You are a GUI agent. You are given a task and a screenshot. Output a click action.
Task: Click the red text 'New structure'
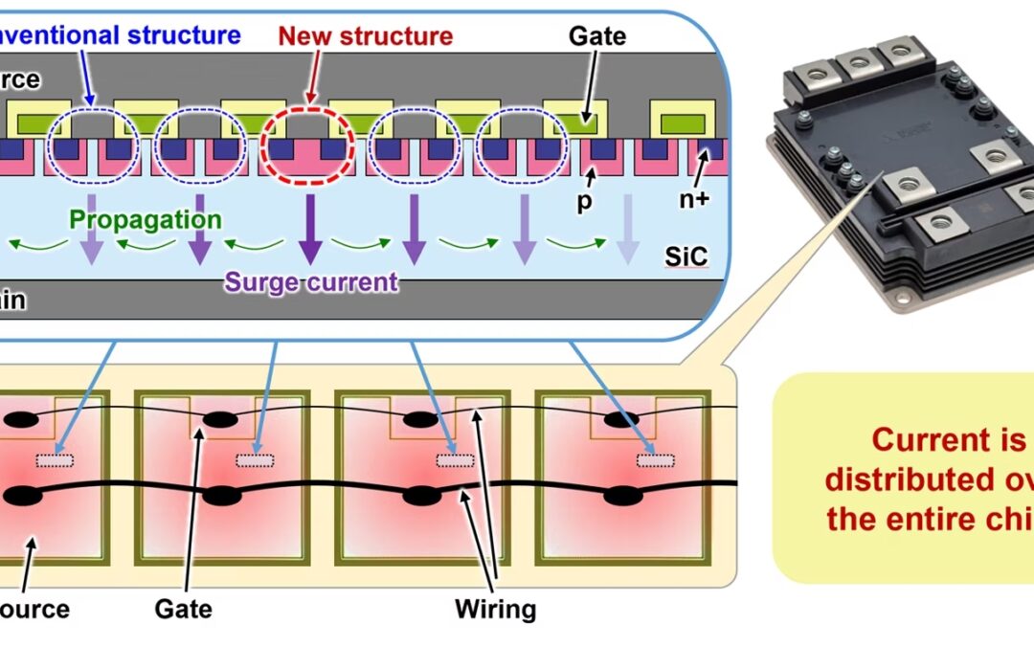point(365,36)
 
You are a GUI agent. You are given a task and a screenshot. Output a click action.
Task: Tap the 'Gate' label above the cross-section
point(596,36)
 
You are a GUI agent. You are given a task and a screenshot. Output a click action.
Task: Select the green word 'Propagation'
point(146,219)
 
